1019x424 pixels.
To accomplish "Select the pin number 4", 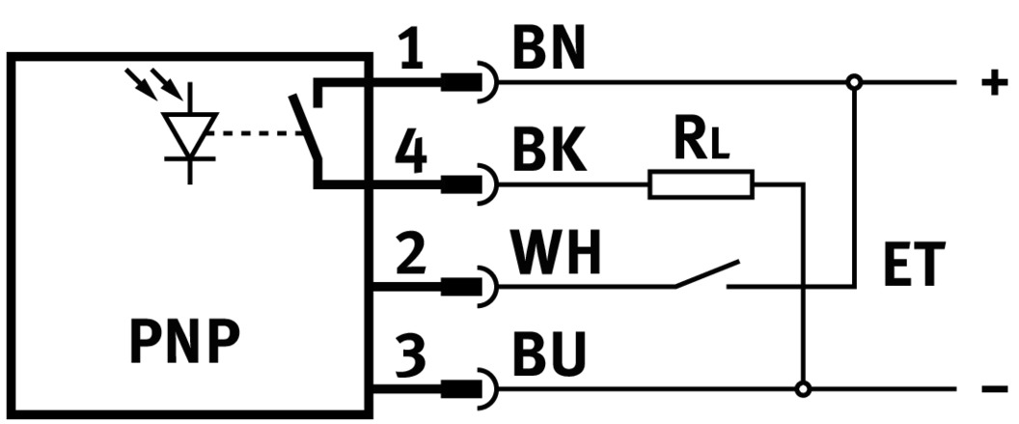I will click(412, 154).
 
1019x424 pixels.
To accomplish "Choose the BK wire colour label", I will click(548, 154).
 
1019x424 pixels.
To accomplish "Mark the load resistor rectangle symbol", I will click(701, 184).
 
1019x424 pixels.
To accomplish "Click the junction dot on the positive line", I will click(853, 83).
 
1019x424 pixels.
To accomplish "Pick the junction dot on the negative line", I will click(802, 390).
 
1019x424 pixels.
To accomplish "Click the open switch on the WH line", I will click(706, 274).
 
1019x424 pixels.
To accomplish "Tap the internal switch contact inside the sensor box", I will click(308, 131).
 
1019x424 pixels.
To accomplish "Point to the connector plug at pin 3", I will click(473, 390).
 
